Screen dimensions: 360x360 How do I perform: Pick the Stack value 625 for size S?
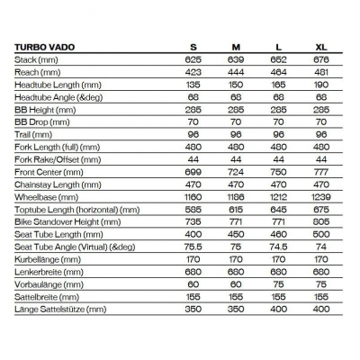[x=193, y=58]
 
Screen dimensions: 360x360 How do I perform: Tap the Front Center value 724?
[x=235, y=171]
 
